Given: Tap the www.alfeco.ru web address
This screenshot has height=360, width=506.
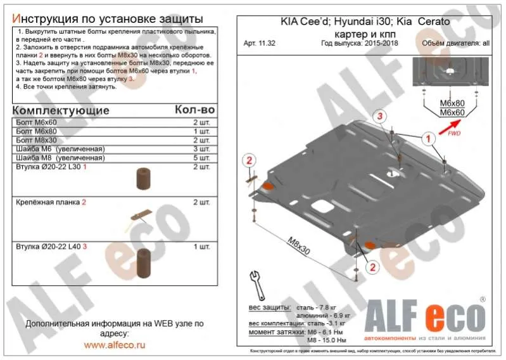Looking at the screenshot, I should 115,345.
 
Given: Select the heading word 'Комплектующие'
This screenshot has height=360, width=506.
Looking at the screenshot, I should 60,110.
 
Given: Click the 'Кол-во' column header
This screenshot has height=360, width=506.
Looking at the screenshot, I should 194,110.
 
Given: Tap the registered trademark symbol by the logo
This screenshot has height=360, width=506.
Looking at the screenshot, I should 483,299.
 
